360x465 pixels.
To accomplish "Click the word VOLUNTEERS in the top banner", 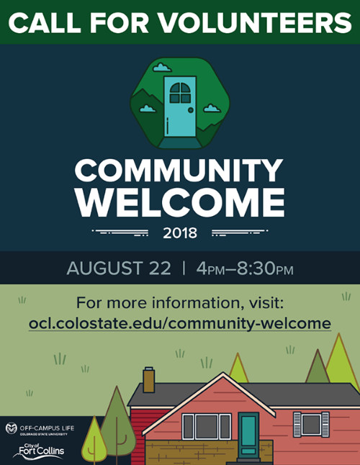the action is point(256,22).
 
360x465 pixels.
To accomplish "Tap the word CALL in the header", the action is point(45,22).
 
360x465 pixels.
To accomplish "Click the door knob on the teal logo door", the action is point(191,110).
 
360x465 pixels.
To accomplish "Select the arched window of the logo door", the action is point(180,93).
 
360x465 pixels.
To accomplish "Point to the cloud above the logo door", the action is point(162,68).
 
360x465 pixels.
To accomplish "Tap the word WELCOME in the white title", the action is point(181,203).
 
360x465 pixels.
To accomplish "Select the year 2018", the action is point(180,233).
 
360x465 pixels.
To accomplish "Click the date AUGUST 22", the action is point(119,268).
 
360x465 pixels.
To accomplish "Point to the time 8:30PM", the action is point(265,268).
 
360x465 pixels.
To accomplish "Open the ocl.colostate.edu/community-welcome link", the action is point(180,323).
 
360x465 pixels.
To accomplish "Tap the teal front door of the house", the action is point(248,435).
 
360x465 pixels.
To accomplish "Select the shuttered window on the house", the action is point(311,425).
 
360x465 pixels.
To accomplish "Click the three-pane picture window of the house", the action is point(207,427).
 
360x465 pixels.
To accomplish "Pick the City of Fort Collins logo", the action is point(39,451).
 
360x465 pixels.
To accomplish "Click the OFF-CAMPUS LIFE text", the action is point(47,428).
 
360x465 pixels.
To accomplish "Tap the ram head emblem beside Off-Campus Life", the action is point(12,428).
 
